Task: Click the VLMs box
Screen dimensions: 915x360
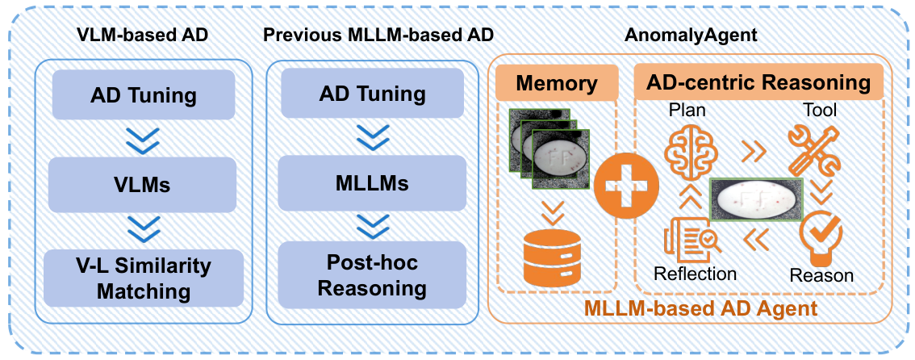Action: (x=142, y=185)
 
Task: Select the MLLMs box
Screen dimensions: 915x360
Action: (x=372, y=184)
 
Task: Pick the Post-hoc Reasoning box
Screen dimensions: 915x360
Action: (x=372, y=275)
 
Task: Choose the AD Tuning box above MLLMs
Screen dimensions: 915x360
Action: (x=372, y=94)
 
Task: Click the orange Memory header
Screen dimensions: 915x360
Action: (x=557, y=83)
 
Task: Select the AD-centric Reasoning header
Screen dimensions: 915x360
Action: (x=758, y=82)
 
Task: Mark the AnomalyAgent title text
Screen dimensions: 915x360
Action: (x=691, y=35)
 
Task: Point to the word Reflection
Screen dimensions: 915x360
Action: (x=695, y=274)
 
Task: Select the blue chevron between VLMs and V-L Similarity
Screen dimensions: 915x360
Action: (x=144, y=231)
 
